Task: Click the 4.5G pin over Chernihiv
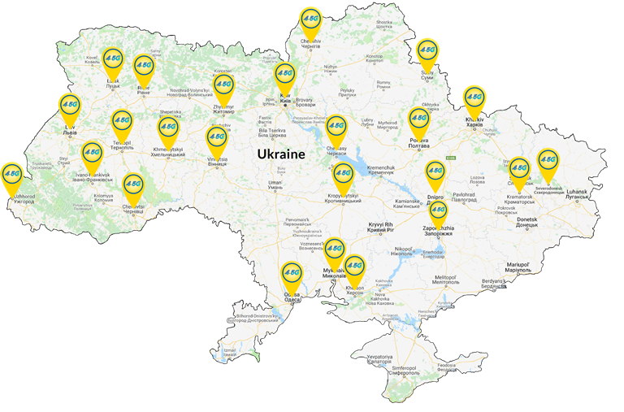tap(310, 19)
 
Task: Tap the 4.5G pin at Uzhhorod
tap(12, 174)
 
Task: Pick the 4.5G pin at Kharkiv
tap(474, 98)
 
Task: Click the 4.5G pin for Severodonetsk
tap(548, 162)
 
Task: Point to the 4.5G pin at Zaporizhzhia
tap(438, 212)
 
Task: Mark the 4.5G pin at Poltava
tap(418, 119)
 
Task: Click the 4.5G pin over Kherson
tap(354, 267)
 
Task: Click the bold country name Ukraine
tap(280, 154)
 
